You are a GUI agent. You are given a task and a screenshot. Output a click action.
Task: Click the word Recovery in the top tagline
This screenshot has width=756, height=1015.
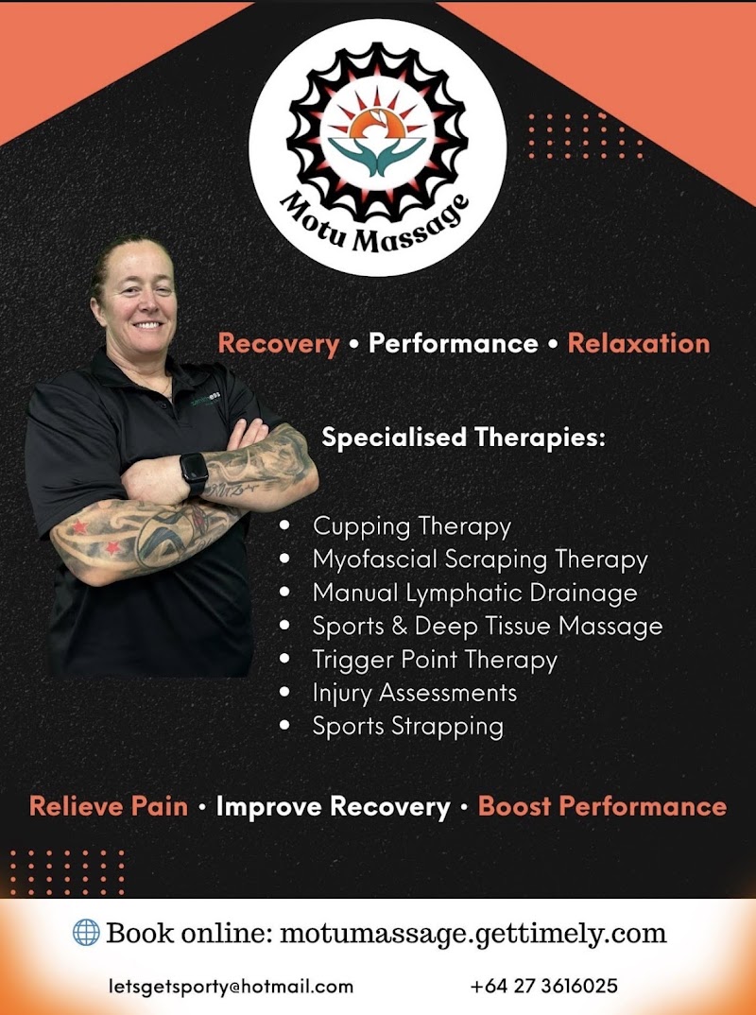pyautogui.click(x=278, y=342)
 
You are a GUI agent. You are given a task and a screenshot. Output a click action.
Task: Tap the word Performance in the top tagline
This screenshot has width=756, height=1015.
pyautogui.click(x=453, y=342)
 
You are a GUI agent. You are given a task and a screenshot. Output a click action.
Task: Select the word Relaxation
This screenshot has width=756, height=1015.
pyautogui.click(x=638, y=342)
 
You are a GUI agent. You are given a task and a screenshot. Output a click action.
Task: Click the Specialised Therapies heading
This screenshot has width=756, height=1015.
pyautogui.click(x=463, y=439)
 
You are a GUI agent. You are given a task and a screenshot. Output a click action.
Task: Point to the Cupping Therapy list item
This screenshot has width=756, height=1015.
pyautogui.click(x=411, y=525)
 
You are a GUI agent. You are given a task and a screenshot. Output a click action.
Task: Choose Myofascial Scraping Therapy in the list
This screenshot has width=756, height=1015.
pyautogui.click(x=480, y=559)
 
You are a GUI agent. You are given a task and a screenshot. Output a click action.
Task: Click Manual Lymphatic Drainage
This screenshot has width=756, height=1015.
pyautogui.click(x=474, y=594)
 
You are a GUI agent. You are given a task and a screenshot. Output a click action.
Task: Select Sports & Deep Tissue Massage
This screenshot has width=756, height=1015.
pyautogui.click(x=487, y=626)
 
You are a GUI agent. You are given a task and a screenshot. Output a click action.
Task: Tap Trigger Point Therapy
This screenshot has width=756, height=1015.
pyautogui.click(x=435, y=659)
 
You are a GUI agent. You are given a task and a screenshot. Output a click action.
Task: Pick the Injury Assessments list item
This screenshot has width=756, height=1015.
pyautogui.click(x=415, y=693)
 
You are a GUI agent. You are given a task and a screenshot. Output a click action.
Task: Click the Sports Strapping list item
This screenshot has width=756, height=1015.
pyautogui.click(x=407, y=726)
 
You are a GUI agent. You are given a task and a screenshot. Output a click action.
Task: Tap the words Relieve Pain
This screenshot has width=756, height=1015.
pyautogui.click(x=109, y=806)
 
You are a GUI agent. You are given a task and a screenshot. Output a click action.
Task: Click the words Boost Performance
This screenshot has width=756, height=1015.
pyautogui.click(x=602, y=806)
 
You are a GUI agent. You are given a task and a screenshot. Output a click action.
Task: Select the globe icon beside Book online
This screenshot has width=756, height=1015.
pyautogui.click(x=86, y=933)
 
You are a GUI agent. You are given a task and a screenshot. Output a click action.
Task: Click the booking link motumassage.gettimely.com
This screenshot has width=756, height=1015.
pyautogui.click(x=473, y=934)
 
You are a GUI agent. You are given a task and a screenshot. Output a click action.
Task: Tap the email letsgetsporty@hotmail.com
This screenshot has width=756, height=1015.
pyautogui.click(x=231, y=986)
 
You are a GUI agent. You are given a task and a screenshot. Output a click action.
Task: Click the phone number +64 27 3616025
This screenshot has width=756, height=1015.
pyautogui.click(x=543, y=986)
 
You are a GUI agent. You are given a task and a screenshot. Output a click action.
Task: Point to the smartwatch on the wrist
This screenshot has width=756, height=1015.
pyautogui.click(x=194, y=471)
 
